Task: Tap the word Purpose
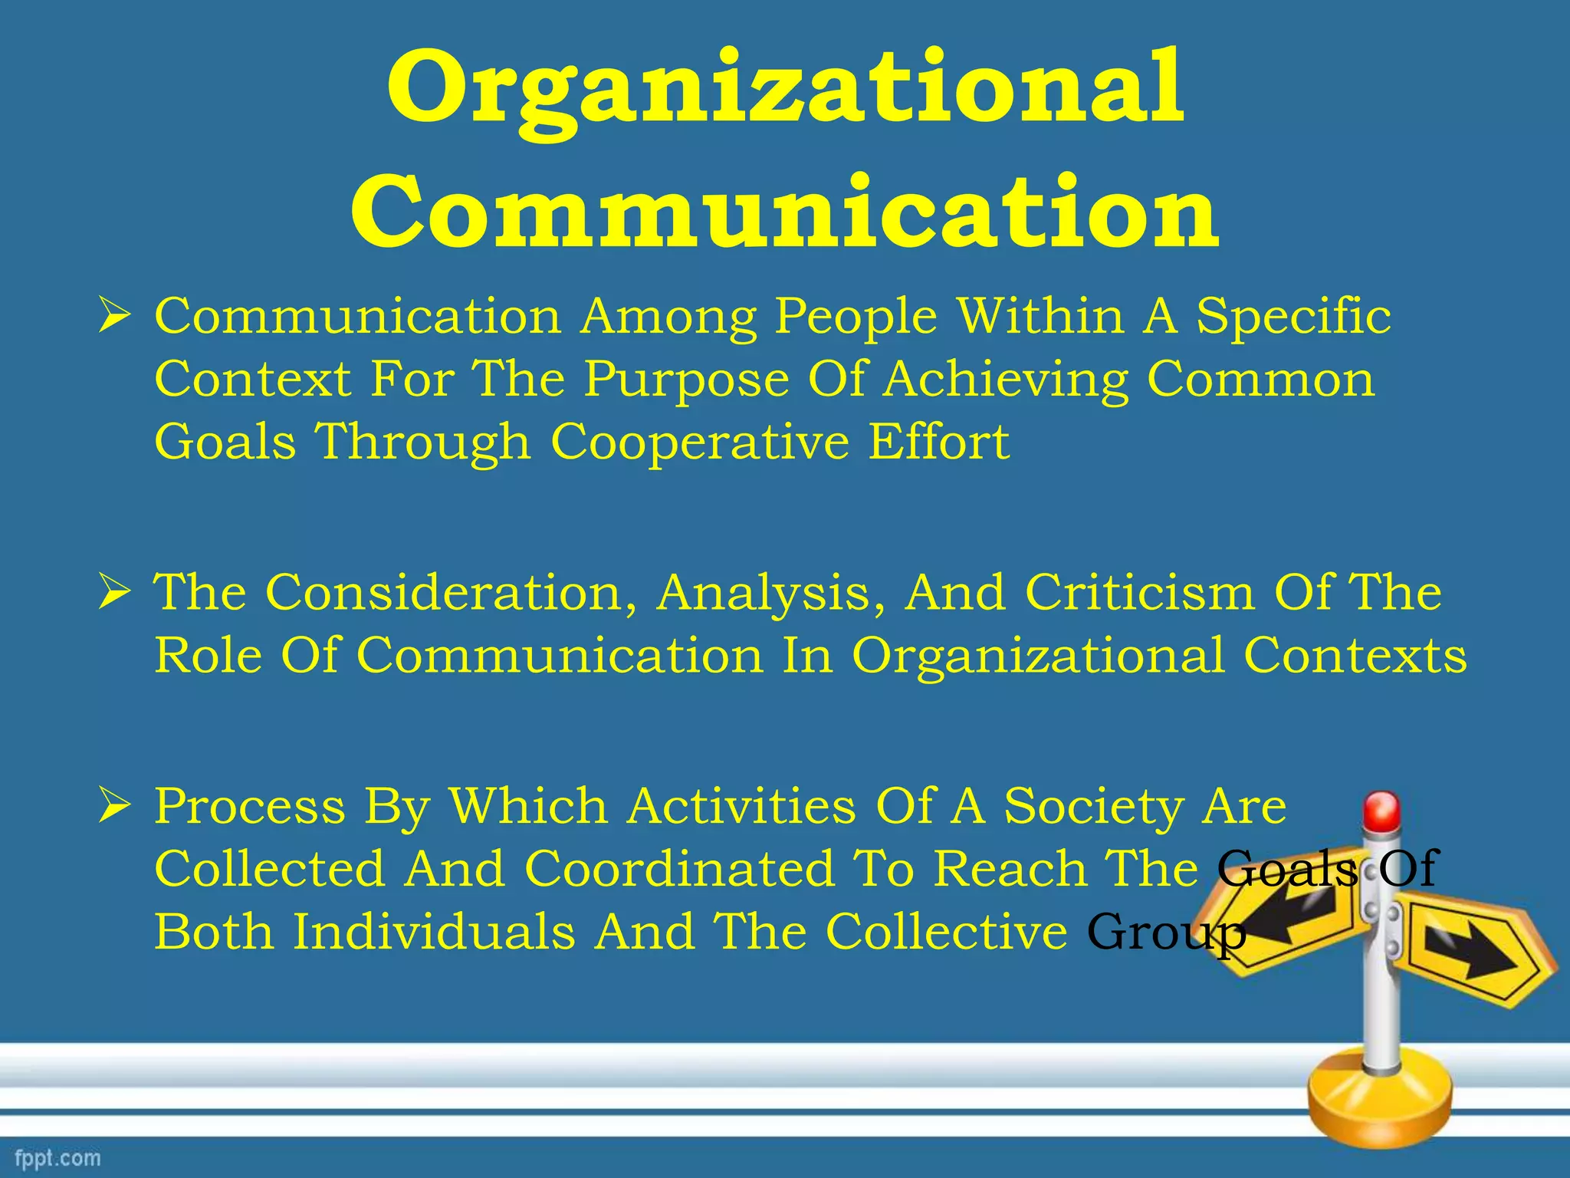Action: coord(686,379)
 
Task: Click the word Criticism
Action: coord(1139,593)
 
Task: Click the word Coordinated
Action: coord(680,869)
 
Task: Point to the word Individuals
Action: coord(434,932)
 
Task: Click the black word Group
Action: coord(1165,933)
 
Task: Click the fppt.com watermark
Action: coord(57,1157)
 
